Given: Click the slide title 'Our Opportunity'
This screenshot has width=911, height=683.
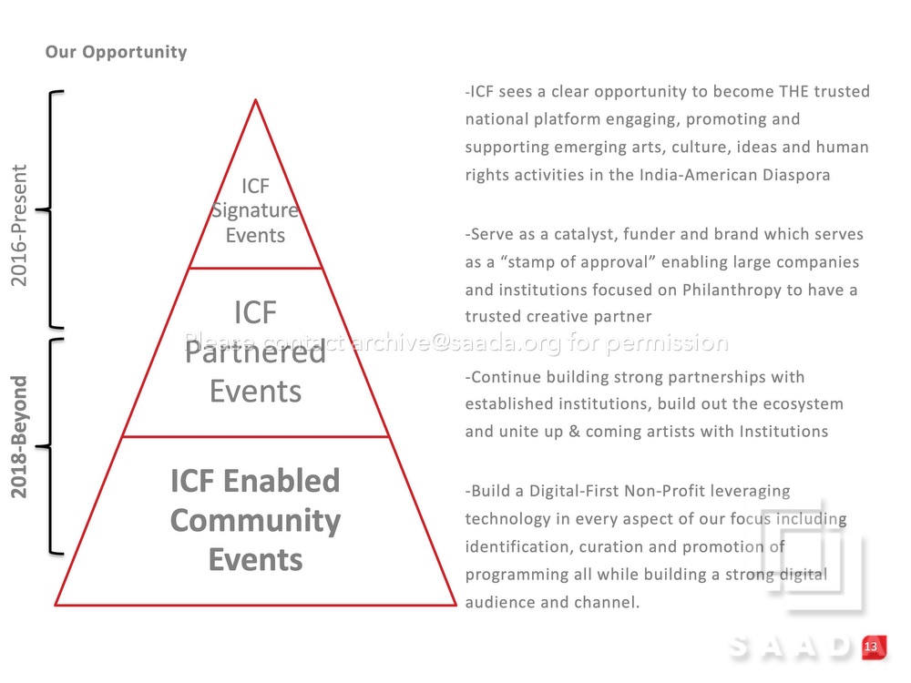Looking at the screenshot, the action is (x=117, y=52).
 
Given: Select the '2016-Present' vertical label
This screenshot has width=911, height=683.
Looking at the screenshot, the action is (x=19, y=225).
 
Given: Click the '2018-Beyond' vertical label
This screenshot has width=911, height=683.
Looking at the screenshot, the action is (x=19, y=437).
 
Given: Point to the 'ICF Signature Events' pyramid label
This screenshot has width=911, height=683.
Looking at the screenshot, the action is (x=256, y=210).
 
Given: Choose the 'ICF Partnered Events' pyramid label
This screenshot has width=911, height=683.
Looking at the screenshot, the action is (x=256, y=352).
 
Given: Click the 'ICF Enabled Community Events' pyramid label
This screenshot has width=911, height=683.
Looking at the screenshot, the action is (x=256, y=520).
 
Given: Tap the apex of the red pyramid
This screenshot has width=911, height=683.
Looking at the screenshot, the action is (x=256, y=100).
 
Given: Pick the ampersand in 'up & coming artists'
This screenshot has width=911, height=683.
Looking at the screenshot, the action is (x=574, y=432).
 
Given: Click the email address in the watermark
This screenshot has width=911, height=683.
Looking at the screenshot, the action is (x=457, y=342).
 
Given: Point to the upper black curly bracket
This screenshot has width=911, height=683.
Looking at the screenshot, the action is (x=50, y=209).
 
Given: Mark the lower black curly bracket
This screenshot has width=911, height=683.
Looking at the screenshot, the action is (x=50, y=446).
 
